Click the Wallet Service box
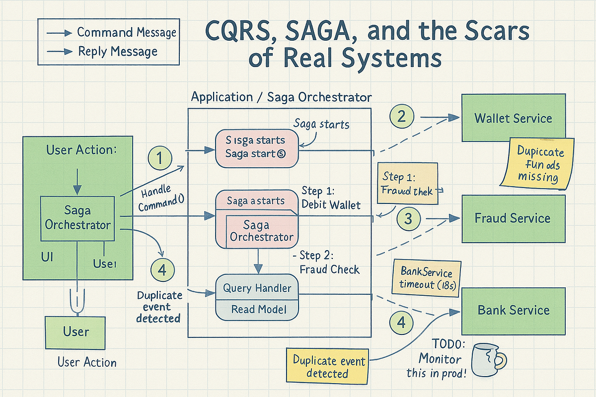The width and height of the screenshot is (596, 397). point(513,118)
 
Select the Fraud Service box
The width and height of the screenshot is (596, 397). point(513,218)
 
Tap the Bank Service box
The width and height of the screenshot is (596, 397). point(513,310)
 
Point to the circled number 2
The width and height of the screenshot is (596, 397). point(401,117)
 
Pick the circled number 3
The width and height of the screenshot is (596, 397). point(408,218)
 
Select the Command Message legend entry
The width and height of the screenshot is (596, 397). point(109,33)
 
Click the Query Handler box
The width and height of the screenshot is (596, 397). point(257,288)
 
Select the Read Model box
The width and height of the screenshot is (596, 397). point(257,309)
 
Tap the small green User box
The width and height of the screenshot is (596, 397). point(76,331)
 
